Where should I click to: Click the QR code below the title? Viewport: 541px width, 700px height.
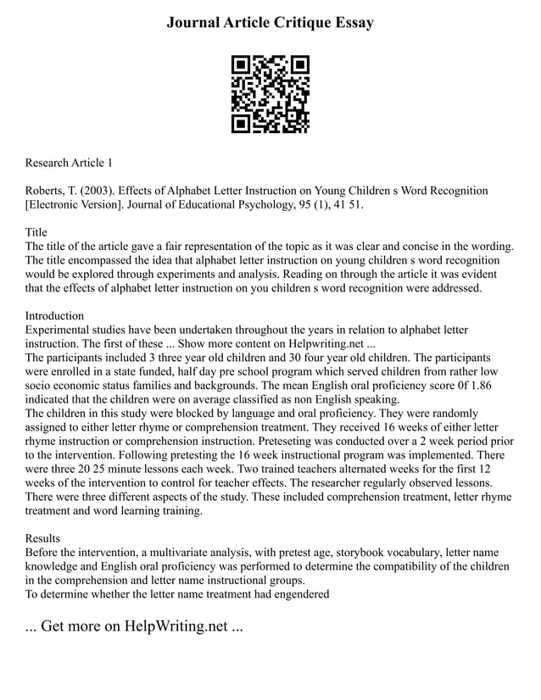pyautogui.click(x=270, y=95)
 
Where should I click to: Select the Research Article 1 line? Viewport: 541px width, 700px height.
pyautogui.click(x=69, y=162)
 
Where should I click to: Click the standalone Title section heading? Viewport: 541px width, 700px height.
pyautogui.click(x=36, y=232)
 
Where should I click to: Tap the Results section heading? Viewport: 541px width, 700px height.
pyautogui.click(x=43, y=538)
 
